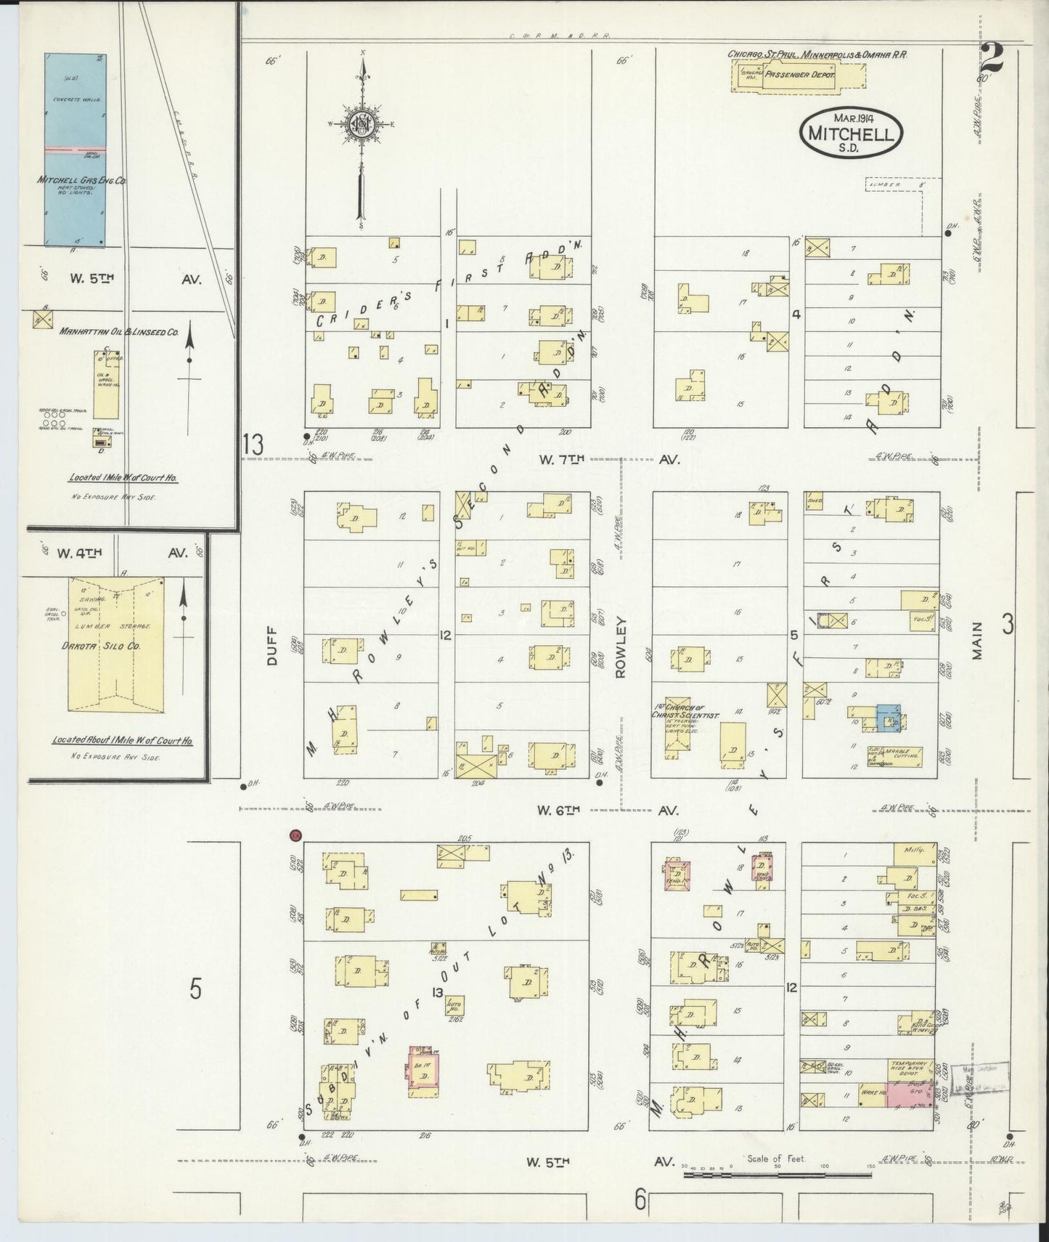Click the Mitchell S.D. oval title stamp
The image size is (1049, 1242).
click(x=852, y=131)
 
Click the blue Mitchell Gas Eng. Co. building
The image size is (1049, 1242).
click(x=75, y=149)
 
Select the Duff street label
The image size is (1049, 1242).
click(x=274, y=646)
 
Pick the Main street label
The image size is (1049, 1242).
click(x=977, y=640)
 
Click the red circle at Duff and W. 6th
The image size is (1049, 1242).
click(x=295, y=836)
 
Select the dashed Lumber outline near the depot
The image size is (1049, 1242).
click(x=892, y=185)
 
